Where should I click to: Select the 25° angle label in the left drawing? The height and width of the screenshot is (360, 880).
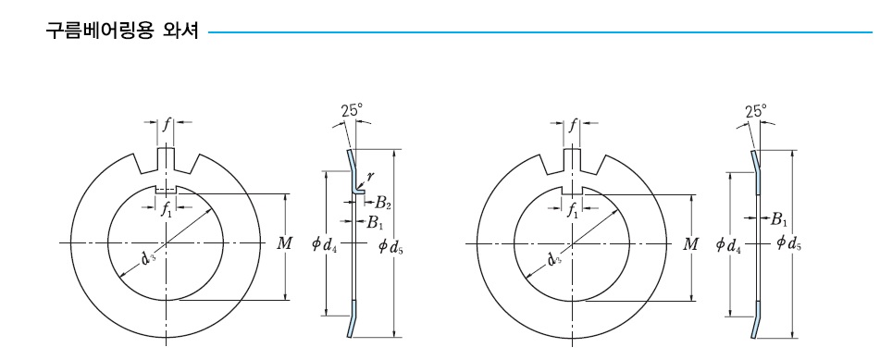click(x=352, y=110)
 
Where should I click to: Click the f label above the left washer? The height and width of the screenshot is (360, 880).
click(x=167, y=125)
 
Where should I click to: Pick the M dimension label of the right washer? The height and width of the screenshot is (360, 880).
click(x=690, y=245)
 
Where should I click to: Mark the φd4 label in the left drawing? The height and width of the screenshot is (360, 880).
click(x=324, y=245)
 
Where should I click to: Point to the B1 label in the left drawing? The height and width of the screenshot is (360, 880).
click(x=375, y=222)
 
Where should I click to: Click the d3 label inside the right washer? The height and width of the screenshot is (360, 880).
click(x=556, y=256)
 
